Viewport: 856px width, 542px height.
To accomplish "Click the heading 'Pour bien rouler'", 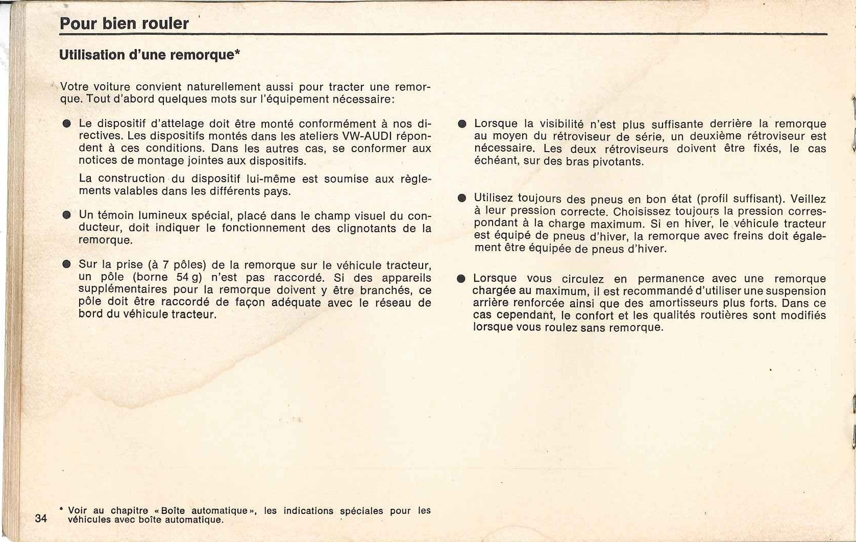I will click(x=124, y=24).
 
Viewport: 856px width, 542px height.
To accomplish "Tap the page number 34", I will click(x=41, y=519).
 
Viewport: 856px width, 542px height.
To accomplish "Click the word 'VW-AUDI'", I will click(x=362, y=136).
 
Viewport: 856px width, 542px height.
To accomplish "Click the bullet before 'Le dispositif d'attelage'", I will click(x=66, y=124).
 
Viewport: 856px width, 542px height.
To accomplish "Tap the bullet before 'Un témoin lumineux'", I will click(x=66, y=215).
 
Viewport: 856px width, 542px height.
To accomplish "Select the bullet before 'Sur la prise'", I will click(x=66, y=265).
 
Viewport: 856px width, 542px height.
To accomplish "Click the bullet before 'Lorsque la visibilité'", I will click(x=462, y=124).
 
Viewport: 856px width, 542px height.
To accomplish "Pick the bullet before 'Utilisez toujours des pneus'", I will click(x=462, y=198).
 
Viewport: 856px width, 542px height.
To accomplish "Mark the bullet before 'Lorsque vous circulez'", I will click(x=461, y=279).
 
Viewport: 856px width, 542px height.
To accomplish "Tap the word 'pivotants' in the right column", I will click(x=618, y=162).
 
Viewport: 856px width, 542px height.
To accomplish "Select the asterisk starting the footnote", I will click(x=61, y=509).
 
